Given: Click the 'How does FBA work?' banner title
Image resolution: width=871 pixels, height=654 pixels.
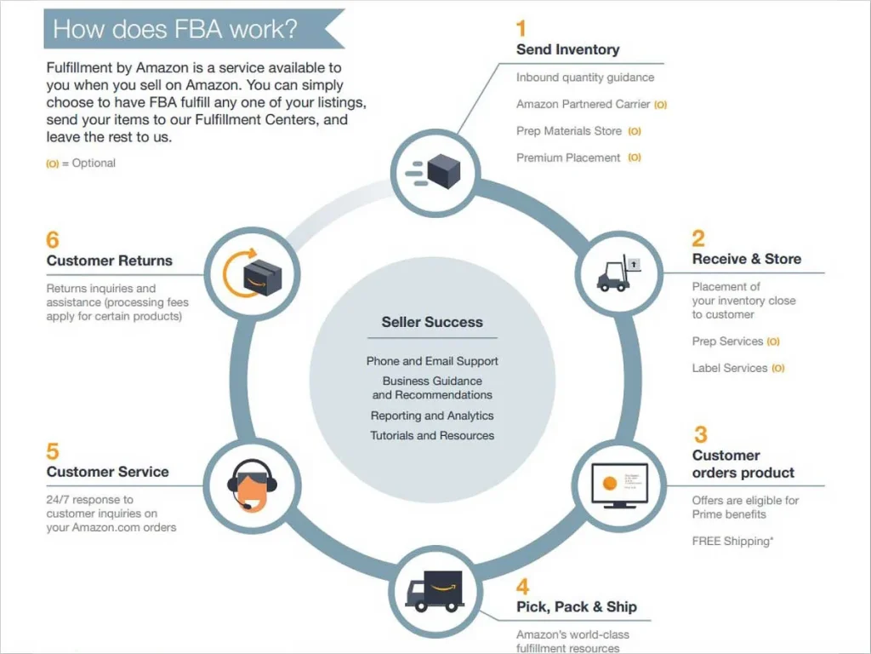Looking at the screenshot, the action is point(175,29).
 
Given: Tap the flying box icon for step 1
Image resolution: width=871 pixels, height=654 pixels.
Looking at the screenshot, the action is point(433,171).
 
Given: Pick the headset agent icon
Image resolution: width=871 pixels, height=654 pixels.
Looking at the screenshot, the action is point(252,485).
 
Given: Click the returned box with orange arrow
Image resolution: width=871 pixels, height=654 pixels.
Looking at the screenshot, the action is point(252,273).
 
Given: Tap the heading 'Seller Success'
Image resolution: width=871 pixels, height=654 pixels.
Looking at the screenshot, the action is point(432,322).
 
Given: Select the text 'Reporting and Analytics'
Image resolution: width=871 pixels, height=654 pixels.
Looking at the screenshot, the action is point(432,416).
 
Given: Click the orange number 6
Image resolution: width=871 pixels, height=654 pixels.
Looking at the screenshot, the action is point(52,239).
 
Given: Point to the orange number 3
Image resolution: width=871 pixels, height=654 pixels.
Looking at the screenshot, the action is point(701,434).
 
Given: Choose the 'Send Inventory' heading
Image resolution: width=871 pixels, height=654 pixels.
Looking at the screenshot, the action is point(567,49).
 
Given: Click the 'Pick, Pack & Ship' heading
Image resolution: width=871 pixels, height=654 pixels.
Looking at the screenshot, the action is point(577,606).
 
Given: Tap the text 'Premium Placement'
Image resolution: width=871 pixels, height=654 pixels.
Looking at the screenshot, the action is point(568,158).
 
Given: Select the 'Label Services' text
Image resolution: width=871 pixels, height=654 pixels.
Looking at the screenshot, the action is point(729,368).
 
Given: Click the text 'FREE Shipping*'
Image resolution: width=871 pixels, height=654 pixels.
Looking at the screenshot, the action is point(732,541).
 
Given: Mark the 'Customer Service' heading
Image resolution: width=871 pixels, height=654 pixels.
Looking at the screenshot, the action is point(108,472).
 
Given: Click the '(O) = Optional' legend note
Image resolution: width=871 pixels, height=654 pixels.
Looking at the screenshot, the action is point(81,163).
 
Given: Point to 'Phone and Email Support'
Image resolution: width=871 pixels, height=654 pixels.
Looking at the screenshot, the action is point(432,361).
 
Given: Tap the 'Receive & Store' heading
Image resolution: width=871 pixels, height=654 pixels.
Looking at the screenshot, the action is point(747,259).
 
